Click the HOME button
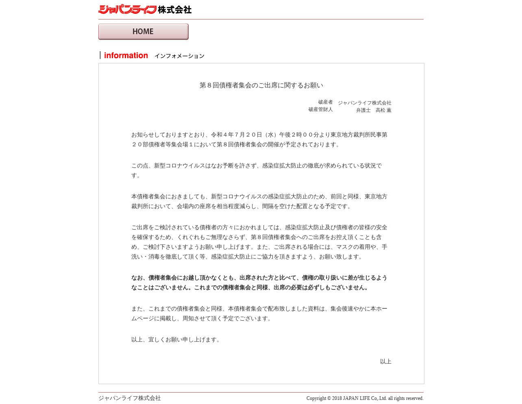[x=143, y=32]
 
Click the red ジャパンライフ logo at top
[x=127, y=9]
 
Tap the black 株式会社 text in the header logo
[x=174, y=9]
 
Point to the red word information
[x=126, y=56]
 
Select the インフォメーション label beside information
[x=179, y=56]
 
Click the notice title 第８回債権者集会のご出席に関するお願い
[x=261, y=85]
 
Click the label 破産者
[x=325, y=102]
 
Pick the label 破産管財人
[x=320, y=109]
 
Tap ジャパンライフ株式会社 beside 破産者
[x=364, y=103]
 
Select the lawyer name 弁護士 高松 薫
[x=373, y=110]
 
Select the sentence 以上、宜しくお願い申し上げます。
[x=176, y=339]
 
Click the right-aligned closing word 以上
[x=385, y=361]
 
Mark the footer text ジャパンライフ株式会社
[x=129, y=398]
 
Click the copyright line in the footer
[x=365, y=398]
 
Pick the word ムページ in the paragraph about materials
[x=142, y=318]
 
